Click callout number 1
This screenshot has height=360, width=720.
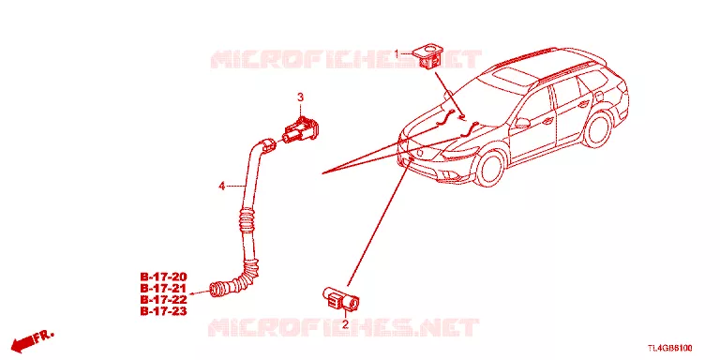(397, 54)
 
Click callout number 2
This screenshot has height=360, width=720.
(345, 325)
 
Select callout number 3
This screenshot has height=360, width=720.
(300, 97)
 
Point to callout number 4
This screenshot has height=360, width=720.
(222, 186)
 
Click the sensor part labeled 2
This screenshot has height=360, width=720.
(340, 297)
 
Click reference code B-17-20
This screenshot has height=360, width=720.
(163, 277)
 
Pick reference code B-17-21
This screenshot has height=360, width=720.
(163, 289)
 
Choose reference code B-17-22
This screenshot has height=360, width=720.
(163, 300)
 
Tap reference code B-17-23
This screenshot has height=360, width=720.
(163, 312)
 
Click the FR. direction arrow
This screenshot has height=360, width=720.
(32, 340)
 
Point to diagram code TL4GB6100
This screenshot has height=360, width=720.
(670, 348)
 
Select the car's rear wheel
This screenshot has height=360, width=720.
(597, 128)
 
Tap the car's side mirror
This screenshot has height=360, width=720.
(523, 123)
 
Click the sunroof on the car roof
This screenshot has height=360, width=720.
(516, 76)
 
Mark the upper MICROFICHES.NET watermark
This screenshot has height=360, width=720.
(346, 60)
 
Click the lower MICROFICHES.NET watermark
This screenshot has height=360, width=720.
(343, 328)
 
